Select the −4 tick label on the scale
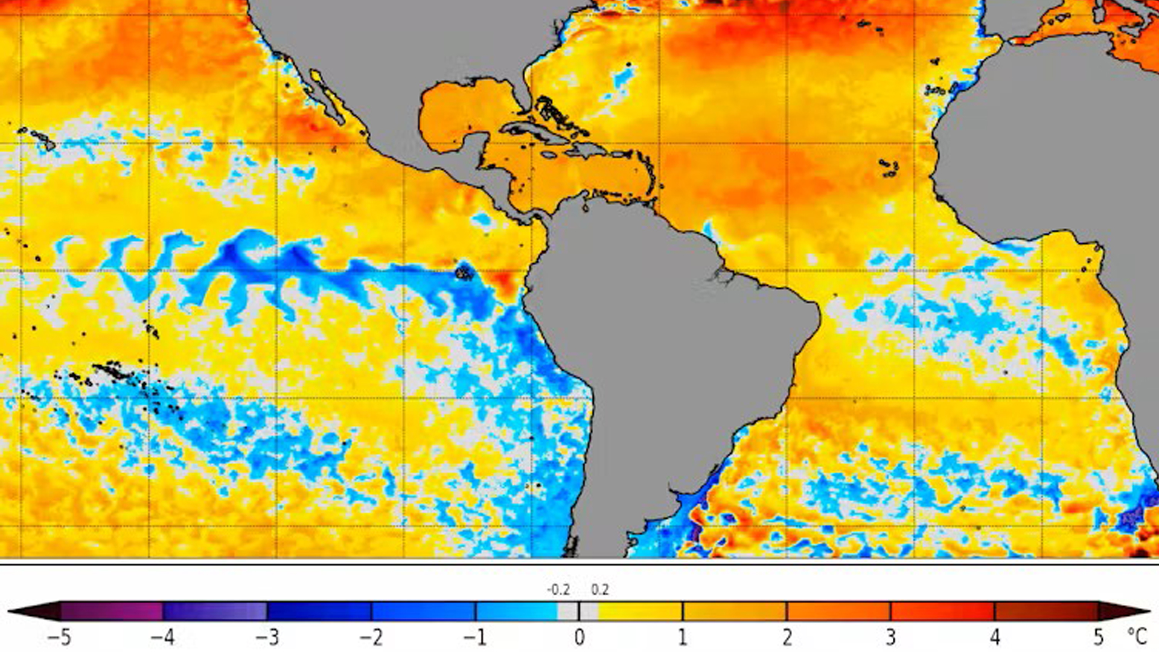coord(162,638)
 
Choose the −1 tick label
coord(475,638)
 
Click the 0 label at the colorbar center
coord(579,638)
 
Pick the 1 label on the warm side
coord(683,638)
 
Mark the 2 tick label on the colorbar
coord(787,638)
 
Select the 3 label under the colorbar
coord(891,638)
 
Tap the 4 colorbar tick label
coord(995,638)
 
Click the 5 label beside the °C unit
coord(1099,638)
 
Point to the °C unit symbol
coord(1137,636)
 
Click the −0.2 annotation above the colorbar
coord(558,590)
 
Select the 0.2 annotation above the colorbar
coord(599,590)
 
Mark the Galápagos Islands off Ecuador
coord(464,272)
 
